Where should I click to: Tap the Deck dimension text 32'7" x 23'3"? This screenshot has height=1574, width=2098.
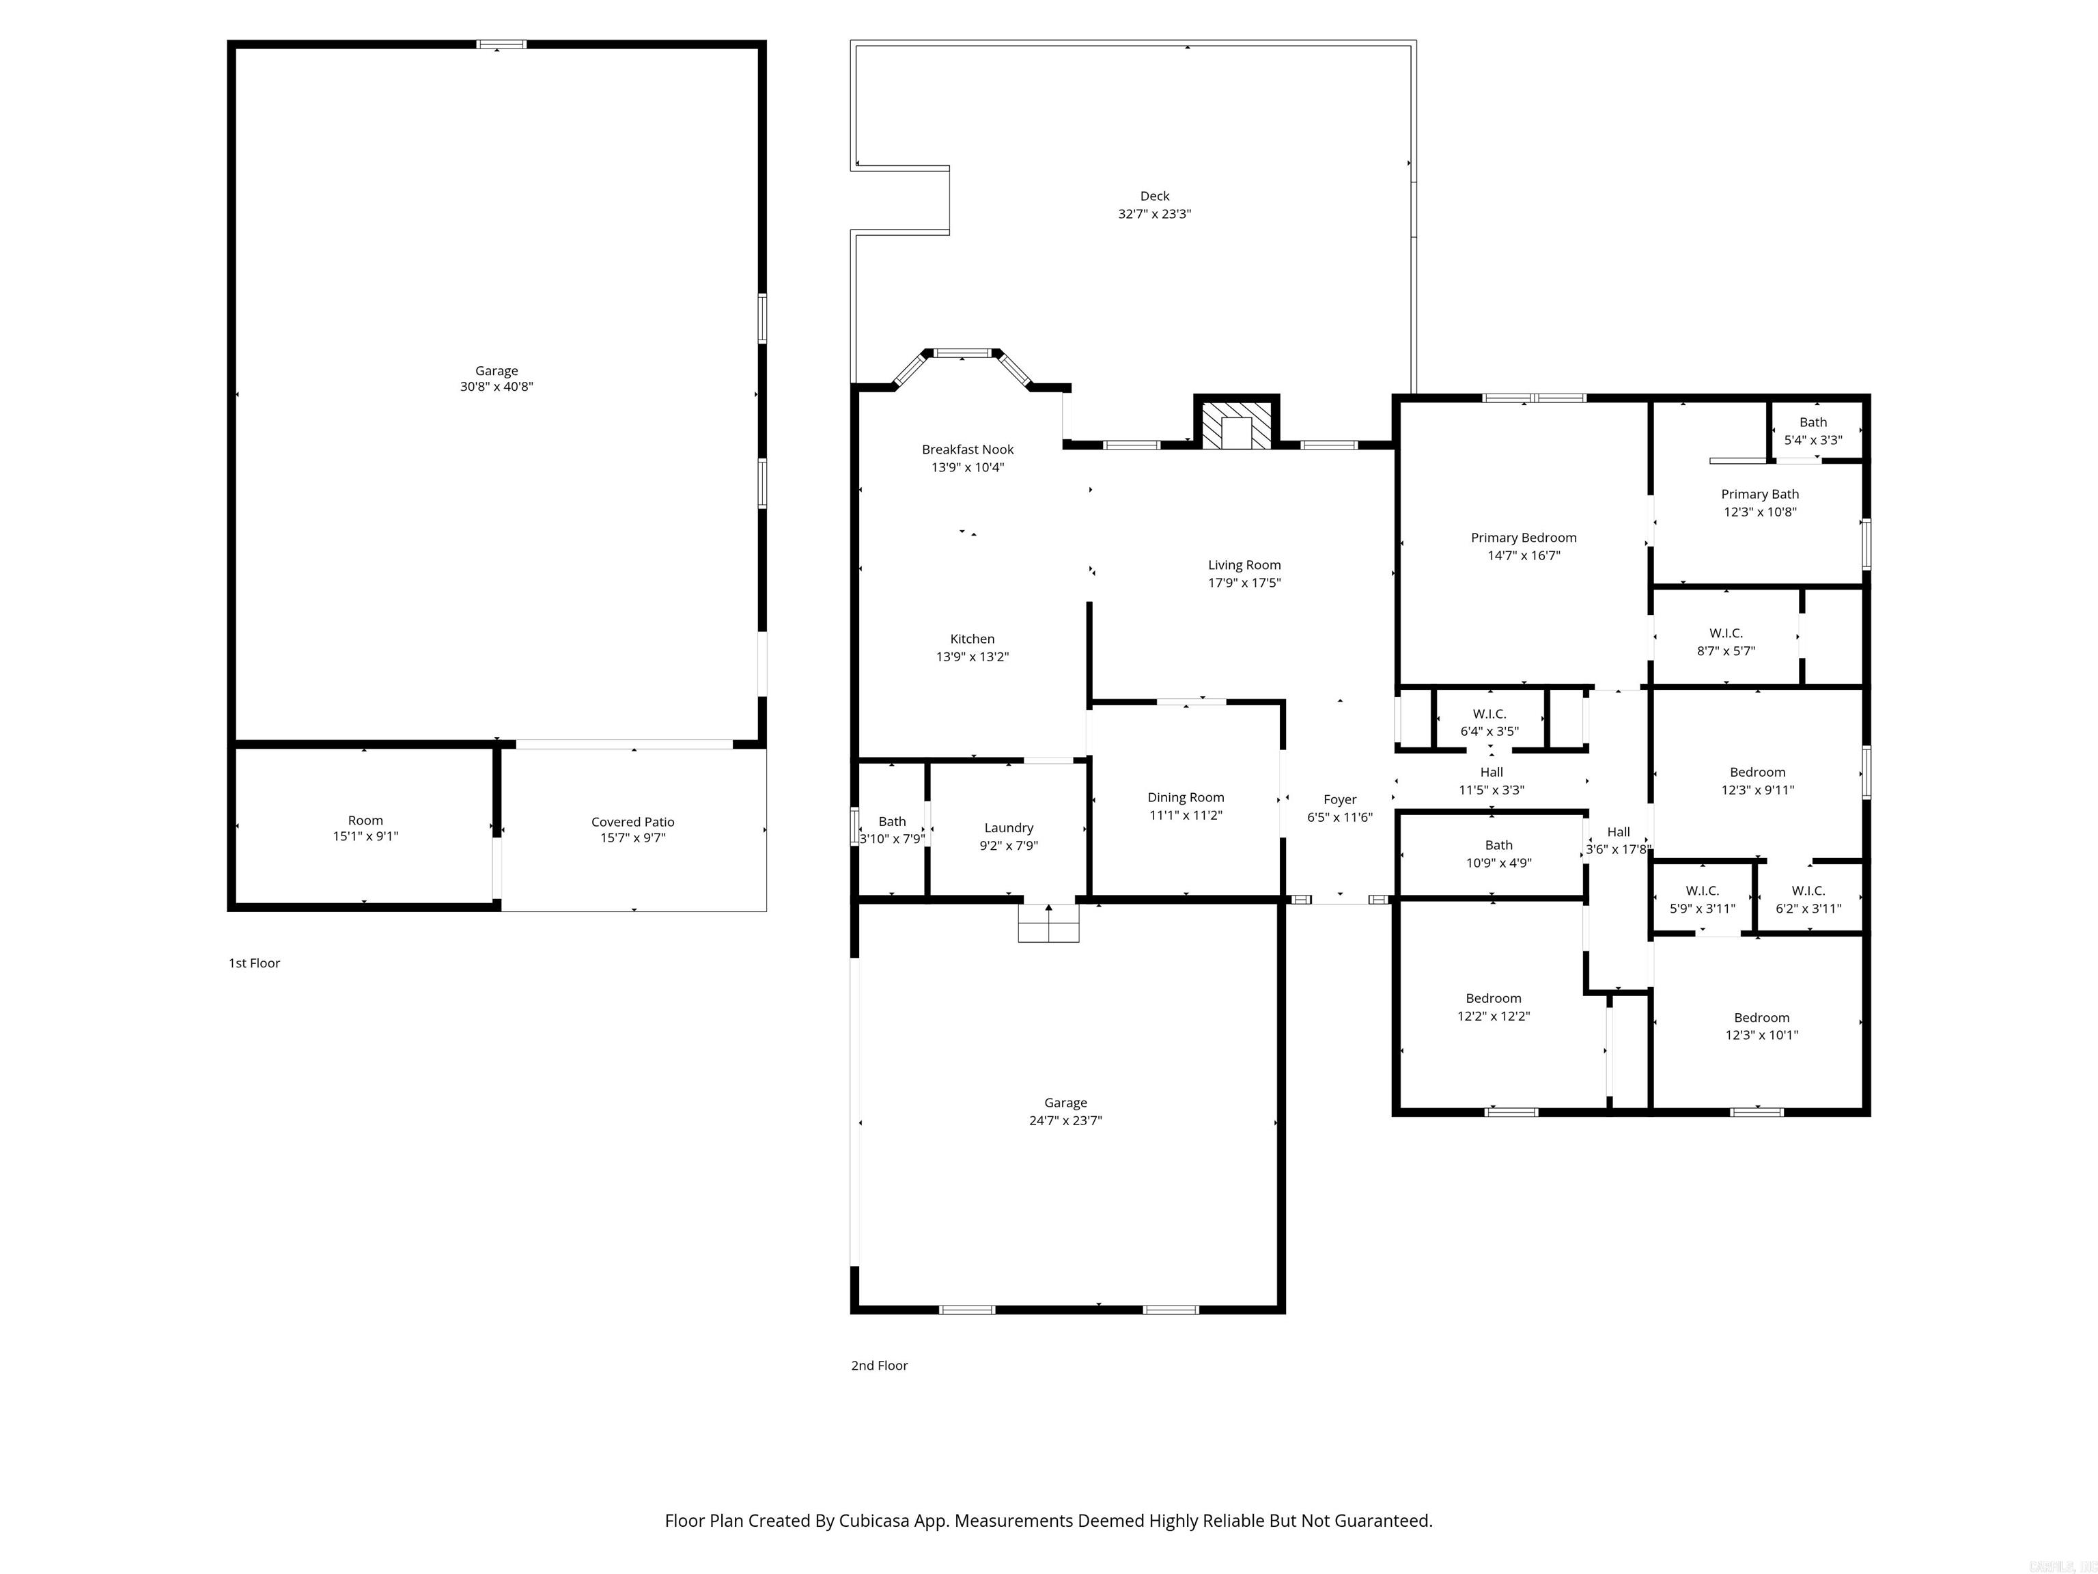pyautogui.click(x=1154, y=215)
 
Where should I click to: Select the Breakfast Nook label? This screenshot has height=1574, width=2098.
pyautogui.click(x=968, y=450)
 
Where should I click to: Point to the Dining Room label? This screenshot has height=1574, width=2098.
pyautogui.click(x=1186, y=798)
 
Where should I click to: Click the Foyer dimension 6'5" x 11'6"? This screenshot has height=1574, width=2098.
pyautogui.click(x=1339, y=817)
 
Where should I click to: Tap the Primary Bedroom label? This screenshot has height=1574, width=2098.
pyautogui.click(x=1523, y=538)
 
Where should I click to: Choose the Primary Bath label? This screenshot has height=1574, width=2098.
pyautogui.click(x=1759, y=495)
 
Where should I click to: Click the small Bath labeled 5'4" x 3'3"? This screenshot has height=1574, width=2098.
pyautogui.click(x=1813, y=431)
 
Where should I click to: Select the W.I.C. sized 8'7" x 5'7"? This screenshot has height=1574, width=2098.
pyautogui.click(x=1725, y=642)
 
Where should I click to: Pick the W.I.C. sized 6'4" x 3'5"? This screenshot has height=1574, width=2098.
pyautogui.click(x=1489, y=722)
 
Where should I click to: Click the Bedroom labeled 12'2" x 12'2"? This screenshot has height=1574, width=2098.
pyautogui.click(x=1493, y=1007)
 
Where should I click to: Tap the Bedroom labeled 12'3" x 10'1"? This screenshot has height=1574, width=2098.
pyautogui.click(x=1761, y=1027)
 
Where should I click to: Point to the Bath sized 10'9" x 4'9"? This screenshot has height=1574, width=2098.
pyautogui.click(x=1498, y=854)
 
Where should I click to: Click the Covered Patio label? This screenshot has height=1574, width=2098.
pyautogui.click(x=632, y=823)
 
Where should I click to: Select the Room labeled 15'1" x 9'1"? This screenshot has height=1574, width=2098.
pyautogui.click(x=365, y=828)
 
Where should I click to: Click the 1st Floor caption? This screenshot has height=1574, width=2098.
pyautogui.click(x=254, y=963)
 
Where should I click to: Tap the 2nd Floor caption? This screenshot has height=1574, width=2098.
pyautogui.click(x=879, y=1365)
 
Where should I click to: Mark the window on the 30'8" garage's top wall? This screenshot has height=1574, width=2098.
pyautogui.click(x=501, y=44)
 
